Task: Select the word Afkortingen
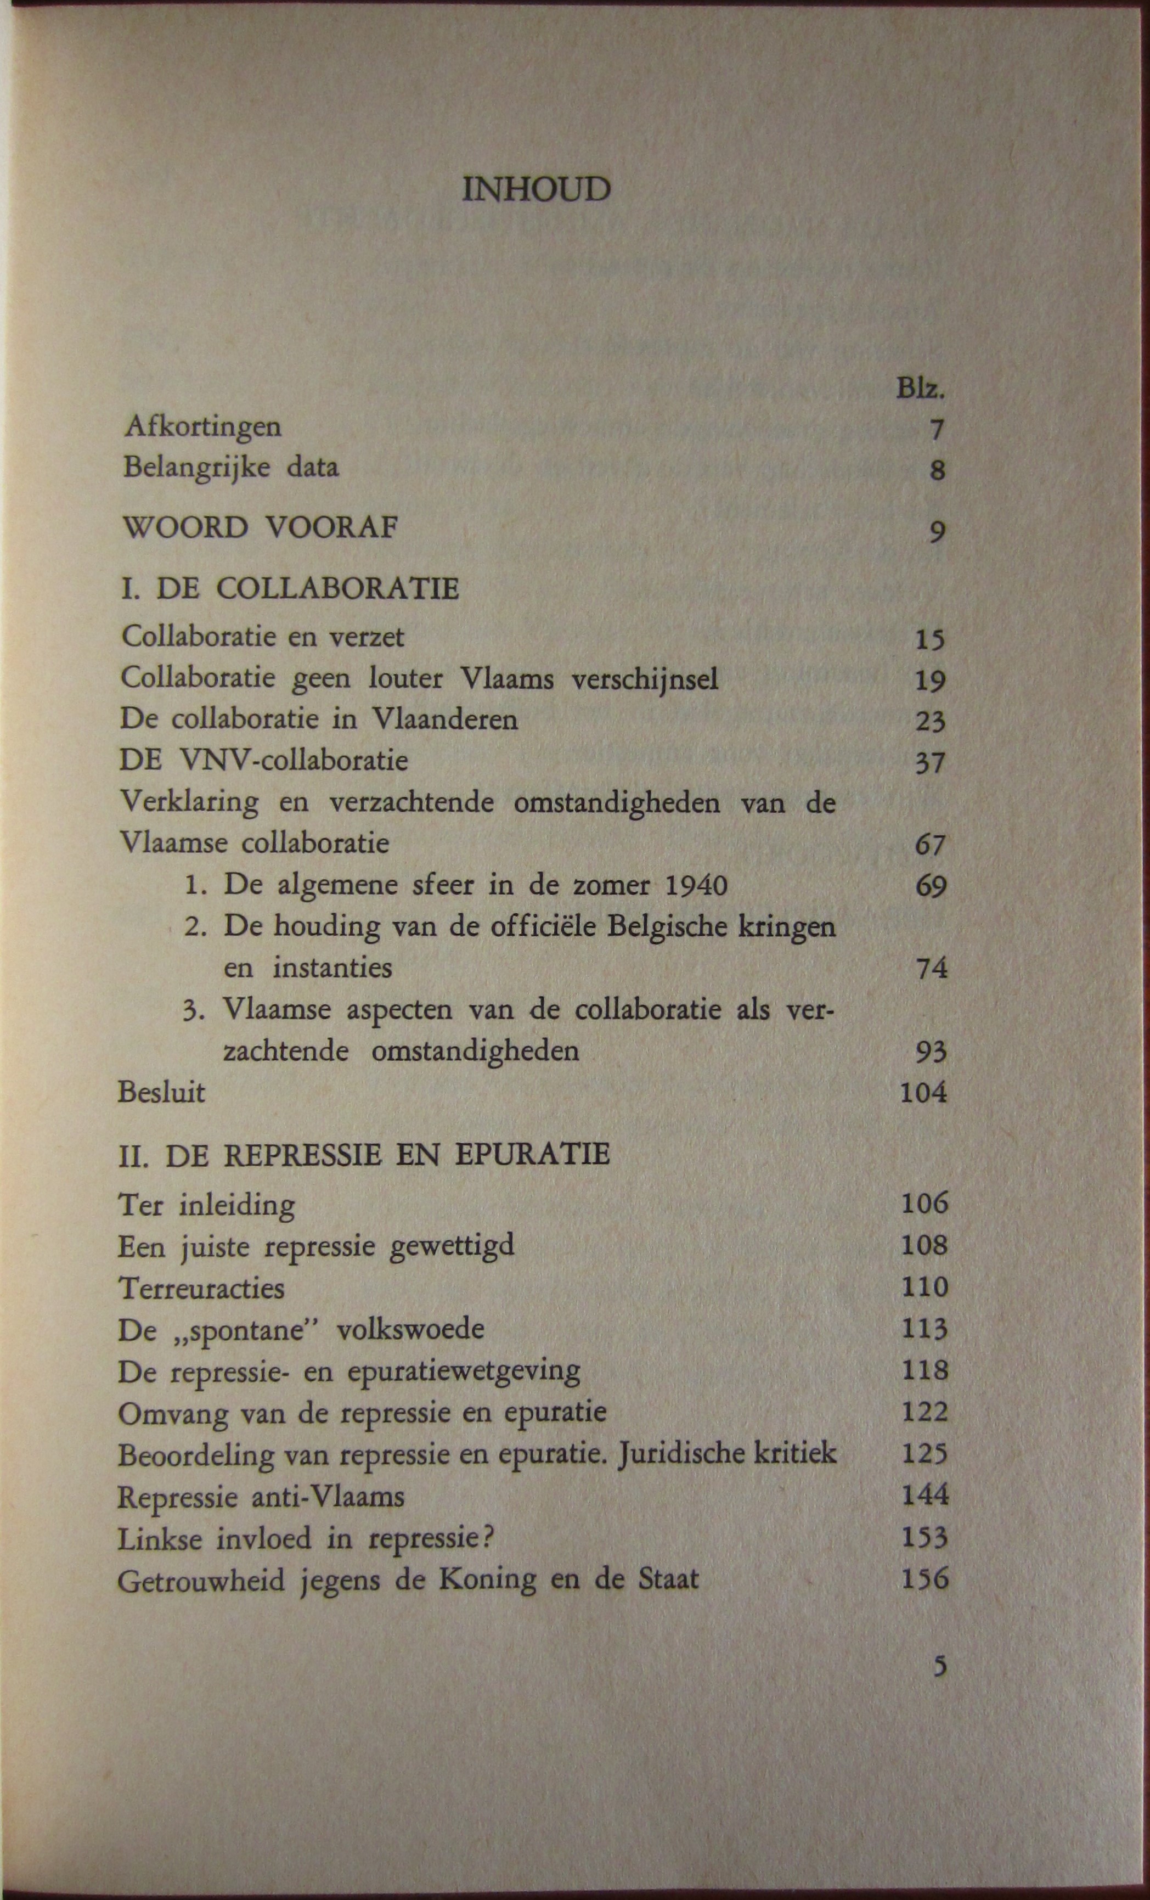click(x=202, y=426)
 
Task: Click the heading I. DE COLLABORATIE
click(x=290, y=589)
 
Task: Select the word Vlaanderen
click(x=445, y=719)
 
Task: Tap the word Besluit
click(x=162, y=1093)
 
